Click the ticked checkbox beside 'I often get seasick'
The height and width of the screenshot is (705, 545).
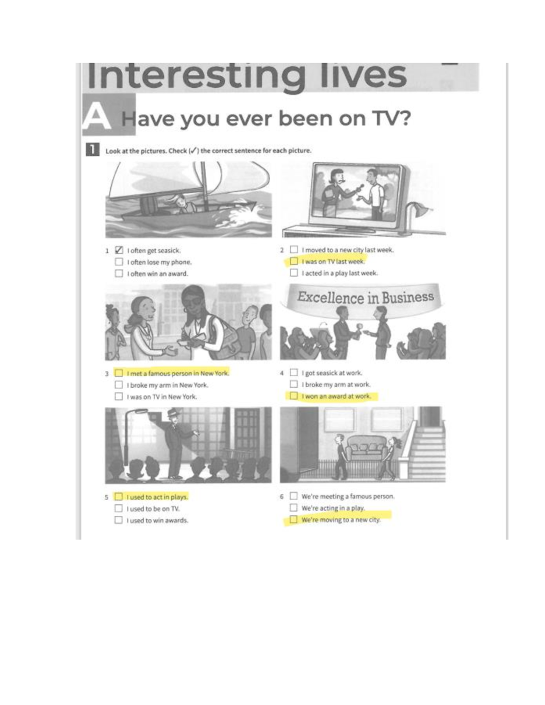pyautogui.click(x=119, y=250)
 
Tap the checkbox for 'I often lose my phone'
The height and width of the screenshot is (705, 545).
pyautogui.click(x=119, y=262)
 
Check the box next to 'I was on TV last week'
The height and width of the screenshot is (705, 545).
pyautogui.click(x=294, y=261)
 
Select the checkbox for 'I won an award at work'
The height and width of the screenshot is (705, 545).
pyautogui.click(x=294, y=396)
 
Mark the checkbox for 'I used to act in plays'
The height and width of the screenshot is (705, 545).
pyautogui.click(x=119, y=497)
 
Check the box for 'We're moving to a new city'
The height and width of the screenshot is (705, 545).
pyautogui.click(x=293, y=519)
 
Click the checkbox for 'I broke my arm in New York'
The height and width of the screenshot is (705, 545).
pyautogui.click(x=119, y=385)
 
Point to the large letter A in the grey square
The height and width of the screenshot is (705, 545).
pyautogui.click(x=97, y=116)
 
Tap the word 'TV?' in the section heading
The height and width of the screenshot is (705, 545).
pyautogui.click(x=391, y=118)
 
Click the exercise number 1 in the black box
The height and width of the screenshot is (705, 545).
pyautogui.click(x=92, y=150)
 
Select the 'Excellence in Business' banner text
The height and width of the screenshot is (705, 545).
pyautogui.click(x=365, y=297)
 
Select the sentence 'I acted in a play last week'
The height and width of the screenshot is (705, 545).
pyautogui.click(x=340, y=273)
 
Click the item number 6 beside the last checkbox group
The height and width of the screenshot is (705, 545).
pyautogui.click(x=282, y=497)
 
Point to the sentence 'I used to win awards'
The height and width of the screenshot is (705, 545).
pyautogui.click(x=157, y=520)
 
